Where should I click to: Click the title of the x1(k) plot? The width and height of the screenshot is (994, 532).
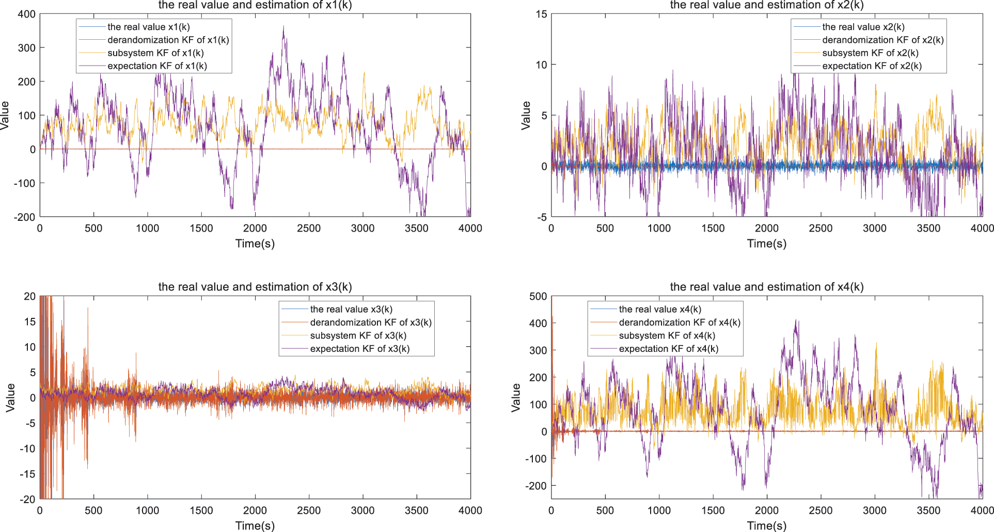(x=255, y=5)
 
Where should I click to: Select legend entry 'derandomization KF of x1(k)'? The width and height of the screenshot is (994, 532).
(x=168, y=40)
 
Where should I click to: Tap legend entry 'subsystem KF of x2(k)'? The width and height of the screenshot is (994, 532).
(x=870, y=53)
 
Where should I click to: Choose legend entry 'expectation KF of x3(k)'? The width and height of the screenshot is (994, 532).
(x=359, y=348)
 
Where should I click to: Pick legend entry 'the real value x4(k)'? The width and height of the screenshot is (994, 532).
(x=659, y=309)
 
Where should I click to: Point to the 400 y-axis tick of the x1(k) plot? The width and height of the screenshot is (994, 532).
(x=27, y=14)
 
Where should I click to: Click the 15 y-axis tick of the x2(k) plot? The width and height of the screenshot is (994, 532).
(x=541, y=14)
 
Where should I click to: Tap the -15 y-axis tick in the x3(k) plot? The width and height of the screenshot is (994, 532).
(x=28, y=474)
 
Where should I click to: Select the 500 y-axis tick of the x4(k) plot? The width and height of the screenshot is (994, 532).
(x=538, y=296)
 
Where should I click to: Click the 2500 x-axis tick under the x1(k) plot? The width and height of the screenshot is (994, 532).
(x=309, y=228)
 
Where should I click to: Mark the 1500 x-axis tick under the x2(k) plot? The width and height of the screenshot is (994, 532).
(x=713, y=228)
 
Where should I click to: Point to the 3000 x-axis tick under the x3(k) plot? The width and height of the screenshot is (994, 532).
(x=362, y=510)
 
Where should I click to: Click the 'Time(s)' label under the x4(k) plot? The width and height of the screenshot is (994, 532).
(x=766, y=525)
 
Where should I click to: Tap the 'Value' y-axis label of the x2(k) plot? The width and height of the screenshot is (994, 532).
(x=526, y=115)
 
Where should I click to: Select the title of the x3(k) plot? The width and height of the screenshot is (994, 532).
(x=255, y=287)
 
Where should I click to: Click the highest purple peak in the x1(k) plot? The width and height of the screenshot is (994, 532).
(x=283, y=27)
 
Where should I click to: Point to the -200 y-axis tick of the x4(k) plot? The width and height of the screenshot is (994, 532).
(x=537, y=486)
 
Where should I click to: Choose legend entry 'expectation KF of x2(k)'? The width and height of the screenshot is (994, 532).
(x=872, y=66)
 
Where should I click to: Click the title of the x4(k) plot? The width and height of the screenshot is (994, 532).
(x=766, y=287)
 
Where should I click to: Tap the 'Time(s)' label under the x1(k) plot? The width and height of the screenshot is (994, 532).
(x=255, y=243)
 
